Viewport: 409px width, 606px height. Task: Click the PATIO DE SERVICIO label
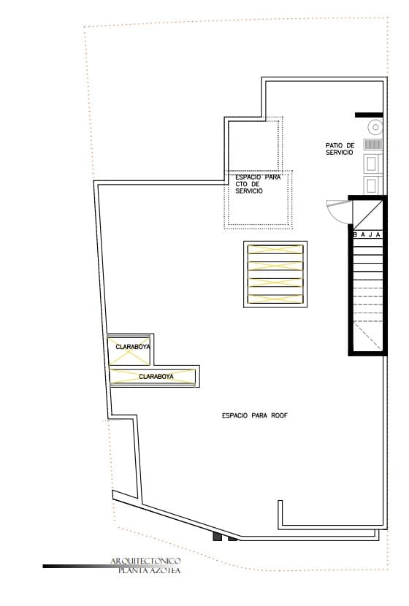340,149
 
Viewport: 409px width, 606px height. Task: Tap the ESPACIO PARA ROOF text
255,415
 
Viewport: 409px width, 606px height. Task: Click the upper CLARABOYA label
132,347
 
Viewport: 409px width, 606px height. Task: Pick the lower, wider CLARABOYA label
156,377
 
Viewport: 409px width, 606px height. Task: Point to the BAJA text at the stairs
367,234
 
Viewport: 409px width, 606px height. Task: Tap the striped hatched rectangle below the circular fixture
373,145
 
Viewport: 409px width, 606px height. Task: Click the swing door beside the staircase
339,212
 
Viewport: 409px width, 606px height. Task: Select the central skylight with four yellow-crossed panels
275,274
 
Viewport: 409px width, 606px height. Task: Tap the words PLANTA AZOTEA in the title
149,570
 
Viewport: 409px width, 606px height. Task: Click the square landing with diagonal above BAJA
367,215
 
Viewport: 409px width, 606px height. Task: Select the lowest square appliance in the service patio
372,185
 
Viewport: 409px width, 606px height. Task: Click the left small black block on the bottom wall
217,537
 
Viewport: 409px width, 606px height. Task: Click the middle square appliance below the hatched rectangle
372,163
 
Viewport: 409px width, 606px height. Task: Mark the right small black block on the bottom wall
233,539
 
